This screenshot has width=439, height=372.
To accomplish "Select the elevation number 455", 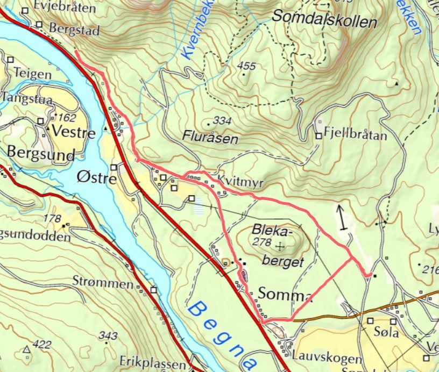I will [x=246, y=66].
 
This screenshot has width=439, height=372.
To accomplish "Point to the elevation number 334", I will [x=221, y=120].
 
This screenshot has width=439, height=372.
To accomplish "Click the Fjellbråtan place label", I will [x=356, y=135].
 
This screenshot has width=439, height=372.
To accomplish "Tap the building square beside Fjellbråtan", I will [x=318, y=136].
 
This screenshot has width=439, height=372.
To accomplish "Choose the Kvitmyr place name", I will [x=241, y=183].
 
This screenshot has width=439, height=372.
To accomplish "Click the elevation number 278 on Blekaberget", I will [x=263, y=244].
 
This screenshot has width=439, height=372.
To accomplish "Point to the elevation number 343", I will [x=108, y=336].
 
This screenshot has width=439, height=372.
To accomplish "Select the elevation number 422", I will [x=41, y=345].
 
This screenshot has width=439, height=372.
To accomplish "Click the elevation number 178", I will [x=52, y=218].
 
